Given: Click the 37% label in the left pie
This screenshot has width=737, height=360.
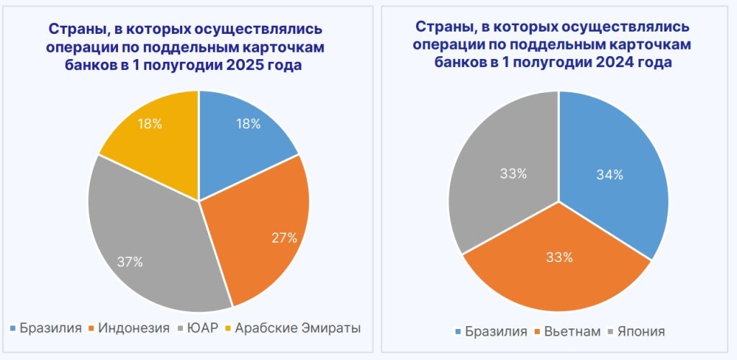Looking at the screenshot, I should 130,262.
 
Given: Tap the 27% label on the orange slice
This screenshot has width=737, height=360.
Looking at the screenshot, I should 284,238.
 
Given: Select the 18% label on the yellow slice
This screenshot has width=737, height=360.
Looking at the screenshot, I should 149,123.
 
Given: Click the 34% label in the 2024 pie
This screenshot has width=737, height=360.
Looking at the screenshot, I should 610,174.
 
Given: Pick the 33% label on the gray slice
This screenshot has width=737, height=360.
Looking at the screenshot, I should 513,174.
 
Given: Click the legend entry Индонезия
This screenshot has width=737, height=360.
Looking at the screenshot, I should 134,328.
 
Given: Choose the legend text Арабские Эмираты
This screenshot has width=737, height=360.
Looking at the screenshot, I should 297,328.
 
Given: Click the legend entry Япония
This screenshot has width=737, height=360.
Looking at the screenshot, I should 640,331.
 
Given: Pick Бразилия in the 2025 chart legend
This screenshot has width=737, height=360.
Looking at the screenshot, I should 50,328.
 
